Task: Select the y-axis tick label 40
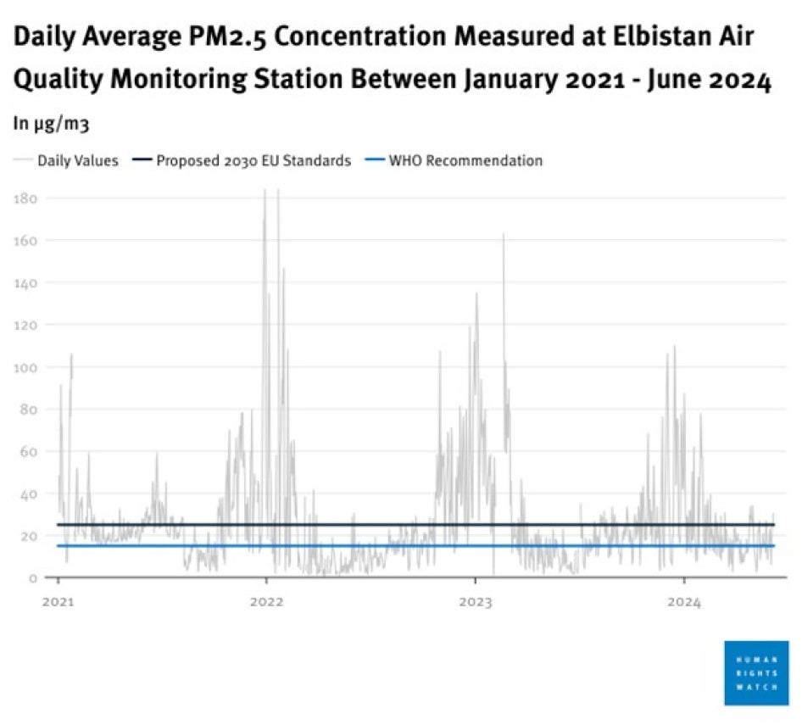pyautogui.click(x=28, y=494)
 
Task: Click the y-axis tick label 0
pyautogui.click(x=32, y=578)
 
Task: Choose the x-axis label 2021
pyautogui.click(x=58, y=604)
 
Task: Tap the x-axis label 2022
pyautogui.click(x=266, y=604)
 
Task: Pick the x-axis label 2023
pyautogui.click(x=475, y=604)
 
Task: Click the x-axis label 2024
pyautogui.click(x=684, y=604)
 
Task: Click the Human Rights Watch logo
pyautogui.click(x=756, y=672)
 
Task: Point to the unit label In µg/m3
pyautogui.click(x=51, y=123)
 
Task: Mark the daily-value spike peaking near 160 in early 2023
pyautogui.click(x=504, y=237)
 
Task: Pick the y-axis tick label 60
pyautogui.click(x=28, y=451)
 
